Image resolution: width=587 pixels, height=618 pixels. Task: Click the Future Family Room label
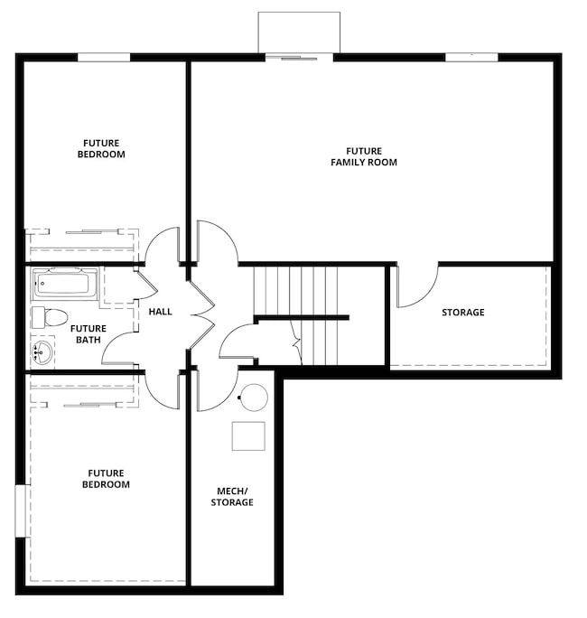click(x=363, y=156)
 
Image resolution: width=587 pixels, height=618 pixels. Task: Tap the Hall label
click(x=160, y=312)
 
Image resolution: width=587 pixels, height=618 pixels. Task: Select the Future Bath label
click(x=89, y=334)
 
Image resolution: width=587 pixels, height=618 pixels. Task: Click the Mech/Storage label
click(x=232, y=496)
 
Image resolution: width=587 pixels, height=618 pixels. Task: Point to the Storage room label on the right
click(x=462, y=313)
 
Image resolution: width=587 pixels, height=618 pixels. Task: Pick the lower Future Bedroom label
click(x=107, y=478)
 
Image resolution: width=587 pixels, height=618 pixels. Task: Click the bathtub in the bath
click(x=65, y=284)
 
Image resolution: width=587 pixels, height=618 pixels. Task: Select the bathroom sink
click(x=42, y=351)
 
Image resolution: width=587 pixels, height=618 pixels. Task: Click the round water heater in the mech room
click(x=255, y=398)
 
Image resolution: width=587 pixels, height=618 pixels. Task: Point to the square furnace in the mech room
click(x=248, y=435)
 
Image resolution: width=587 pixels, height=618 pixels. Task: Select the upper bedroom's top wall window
click(x=103, y=58)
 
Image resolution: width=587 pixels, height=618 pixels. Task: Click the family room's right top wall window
click(x=471, y=58)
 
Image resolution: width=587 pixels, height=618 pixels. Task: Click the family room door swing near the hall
click(x=217, y=241)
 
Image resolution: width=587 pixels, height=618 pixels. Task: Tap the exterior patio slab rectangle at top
click(x=299, y=33)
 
